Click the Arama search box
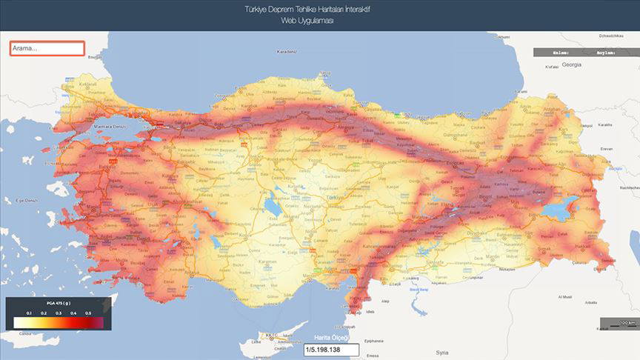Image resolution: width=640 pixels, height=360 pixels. pyautogui.click(x=47, y=48)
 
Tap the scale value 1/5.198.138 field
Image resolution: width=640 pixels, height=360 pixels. pyautogui.click(x=330, y=349)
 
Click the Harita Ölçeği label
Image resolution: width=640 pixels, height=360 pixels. pyautogui.click(x=330, y=338)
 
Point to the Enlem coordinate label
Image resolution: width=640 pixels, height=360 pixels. pyautogui.click(x=561, y=53)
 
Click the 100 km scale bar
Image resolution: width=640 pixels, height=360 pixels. pyautogui.click(x=619, y=323)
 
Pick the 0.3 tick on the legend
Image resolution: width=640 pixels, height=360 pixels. pyautogui.click(x=59, y=314)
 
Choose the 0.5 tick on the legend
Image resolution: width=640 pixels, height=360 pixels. pyautogui.click(x=88, y=314)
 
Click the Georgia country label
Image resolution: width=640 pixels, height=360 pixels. pyautogui.click(x=571, y=64)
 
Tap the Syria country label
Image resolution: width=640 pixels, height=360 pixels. pyautogui.click(x=442, y=353)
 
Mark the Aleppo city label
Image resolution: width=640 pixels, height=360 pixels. pyautogui.click(x=384, y=301)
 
